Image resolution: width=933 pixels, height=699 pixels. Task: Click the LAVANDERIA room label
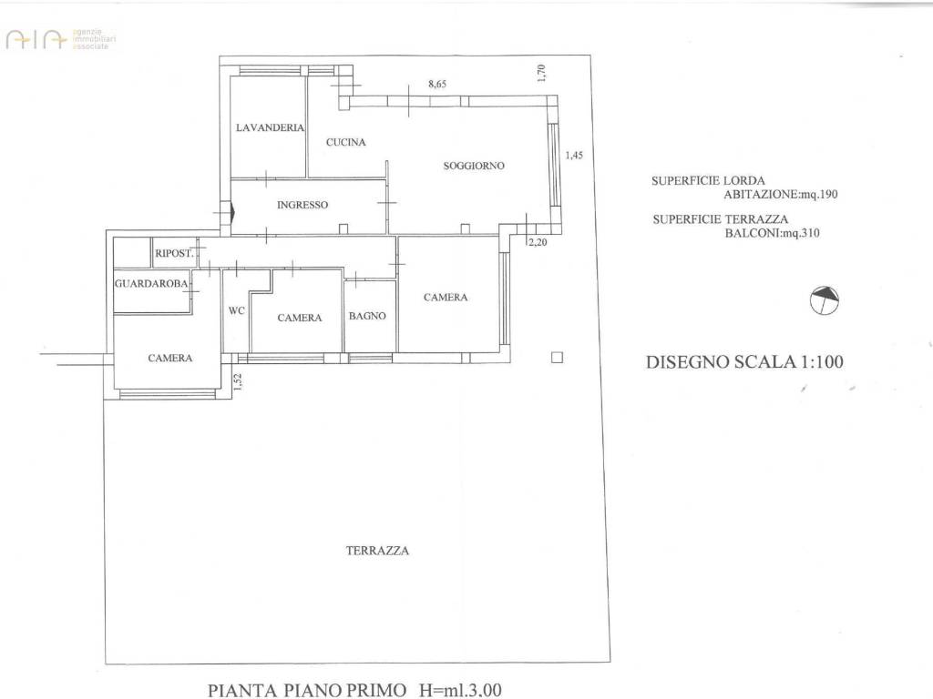pyautogui.click(x=269, y=128)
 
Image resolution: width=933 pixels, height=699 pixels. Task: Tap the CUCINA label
pyautogui.click(x=346, y=142)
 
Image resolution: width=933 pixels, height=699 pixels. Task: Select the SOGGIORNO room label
pyautogui.click(x=474, y=166)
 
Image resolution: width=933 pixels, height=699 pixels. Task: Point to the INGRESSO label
pyautogui.click(x=302, y=206)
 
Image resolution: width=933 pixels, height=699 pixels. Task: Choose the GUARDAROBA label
pyautogui.click(x=152, y=284)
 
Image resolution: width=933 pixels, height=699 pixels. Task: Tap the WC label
pyautogui.click(x=236, y=310)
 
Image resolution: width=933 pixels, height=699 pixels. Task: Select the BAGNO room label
pyautogui.click(x=368, y=317)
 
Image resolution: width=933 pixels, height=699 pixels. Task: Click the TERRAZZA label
pyautogui.click(x=377, y=551)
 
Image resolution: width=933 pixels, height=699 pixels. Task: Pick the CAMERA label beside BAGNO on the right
pyautogui.click(x=446, y=298)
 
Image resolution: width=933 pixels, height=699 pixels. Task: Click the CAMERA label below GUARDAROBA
pyautogui.click(x=170, y=358)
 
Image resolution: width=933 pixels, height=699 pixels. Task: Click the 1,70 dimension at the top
pyautogui.click(x=541, y=74)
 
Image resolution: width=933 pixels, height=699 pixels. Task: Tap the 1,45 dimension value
pyautogui.click(x=574, y=156)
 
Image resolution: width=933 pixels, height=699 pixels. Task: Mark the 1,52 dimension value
pyautogui.click(x=235, y=383)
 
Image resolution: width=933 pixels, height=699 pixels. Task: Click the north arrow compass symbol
pyautogui.click(x=823, y=299)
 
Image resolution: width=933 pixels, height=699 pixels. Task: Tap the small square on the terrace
pyautogui.click(x=558, y=358)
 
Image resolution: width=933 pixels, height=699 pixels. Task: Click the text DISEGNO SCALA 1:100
pyautogui.click(x=744, y=361)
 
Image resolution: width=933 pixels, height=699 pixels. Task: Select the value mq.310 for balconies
pyautogui.click(x=799, y=233)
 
